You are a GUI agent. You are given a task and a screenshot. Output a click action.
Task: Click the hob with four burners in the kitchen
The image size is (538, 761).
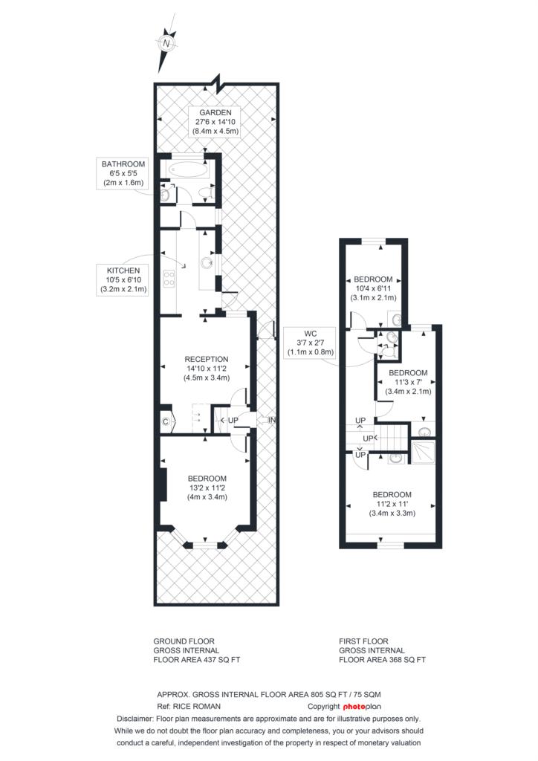[x=169, y=279]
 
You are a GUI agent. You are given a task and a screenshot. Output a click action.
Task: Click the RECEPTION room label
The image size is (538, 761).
[x=207, y=369]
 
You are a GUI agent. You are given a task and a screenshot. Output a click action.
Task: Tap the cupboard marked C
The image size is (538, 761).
[x=165, y=422]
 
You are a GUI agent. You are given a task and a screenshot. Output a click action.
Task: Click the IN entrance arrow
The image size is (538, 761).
[x=271, y=421]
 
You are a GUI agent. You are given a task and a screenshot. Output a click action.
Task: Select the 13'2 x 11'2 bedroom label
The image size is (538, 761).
[x=207, y=488]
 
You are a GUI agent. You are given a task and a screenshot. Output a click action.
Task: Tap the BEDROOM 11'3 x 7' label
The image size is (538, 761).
[x=408, y=381]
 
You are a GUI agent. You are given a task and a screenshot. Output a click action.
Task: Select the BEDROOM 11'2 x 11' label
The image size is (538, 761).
[x=392, y=504]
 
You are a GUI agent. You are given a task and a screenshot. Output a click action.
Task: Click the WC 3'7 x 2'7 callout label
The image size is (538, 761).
[x=310, y=343]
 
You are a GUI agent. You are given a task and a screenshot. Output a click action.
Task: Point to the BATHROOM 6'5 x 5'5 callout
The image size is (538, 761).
[x=123, y=173]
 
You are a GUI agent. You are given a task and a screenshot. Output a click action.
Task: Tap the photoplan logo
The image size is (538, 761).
[x=362, y=706]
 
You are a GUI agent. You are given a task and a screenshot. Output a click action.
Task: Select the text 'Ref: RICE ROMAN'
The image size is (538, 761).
[x=189, y=706]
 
